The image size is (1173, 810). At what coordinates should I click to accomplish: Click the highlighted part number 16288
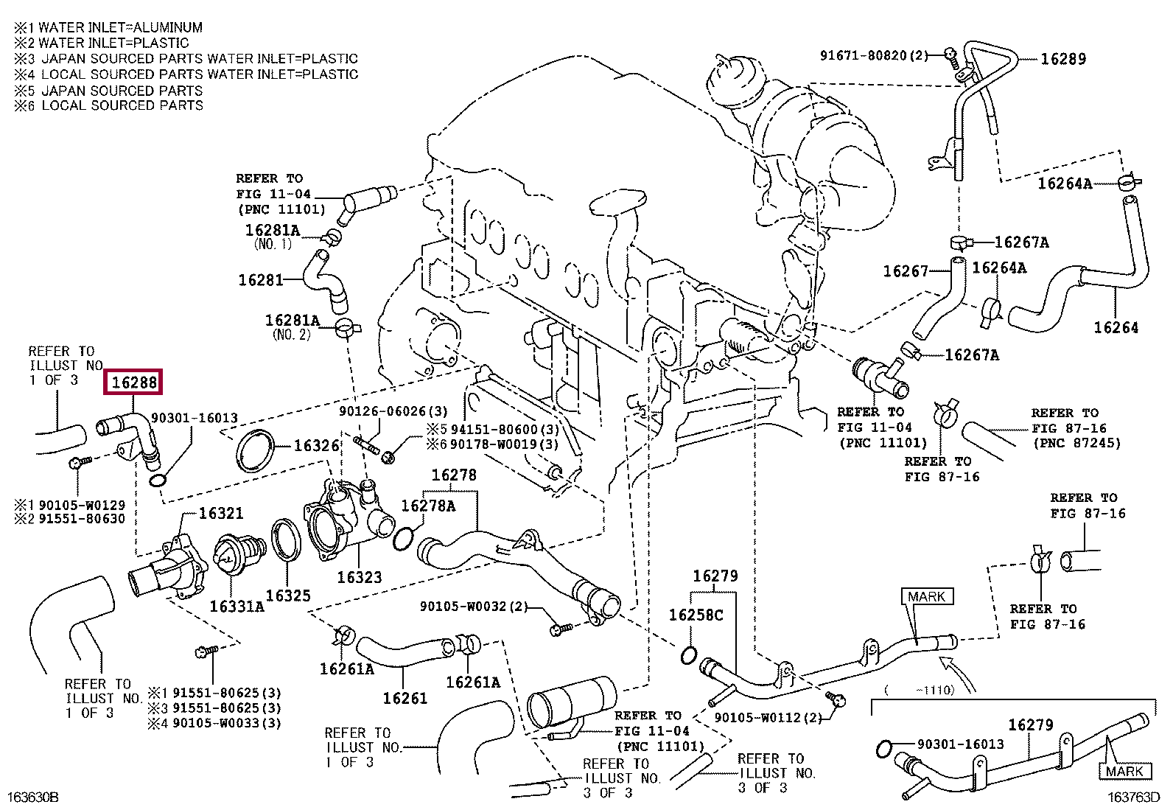point(133,382)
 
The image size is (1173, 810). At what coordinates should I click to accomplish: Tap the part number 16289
point(1063,59)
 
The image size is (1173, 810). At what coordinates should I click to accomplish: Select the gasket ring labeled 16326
point(255,451)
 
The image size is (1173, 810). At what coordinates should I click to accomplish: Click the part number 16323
point(360,577)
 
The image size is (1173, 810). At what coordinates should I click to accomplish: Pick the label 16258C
point(696,615)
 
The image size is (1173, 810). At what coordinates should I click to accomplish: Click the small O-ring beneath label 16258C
point(689,655)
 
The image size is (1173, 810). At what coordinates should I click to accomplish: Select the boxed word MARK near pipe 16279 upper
point(927,596)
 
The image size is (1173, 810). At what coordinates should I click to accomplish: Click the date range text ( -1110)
point(920,690)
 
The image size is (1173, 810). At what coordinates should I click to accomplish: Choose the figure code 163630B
point(33,797)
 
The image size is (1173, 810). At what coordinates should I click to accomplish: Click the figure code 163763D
point(1133,797)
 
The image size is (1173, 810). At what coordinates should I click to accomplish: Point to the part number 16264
point(1116,328)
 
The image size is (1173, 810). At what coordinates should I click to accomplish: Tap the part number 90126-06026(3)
point(393,411)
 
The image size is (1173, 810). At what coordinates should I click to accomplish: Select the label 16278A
point(428,506)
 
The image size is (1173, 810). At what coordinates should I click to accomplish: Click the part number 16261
point(405,698)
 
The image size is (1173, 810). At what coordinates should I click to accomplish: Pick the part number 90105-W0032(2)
point(474,606)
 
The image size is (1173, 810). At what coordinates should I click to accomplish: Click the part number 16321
point(221,513)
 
